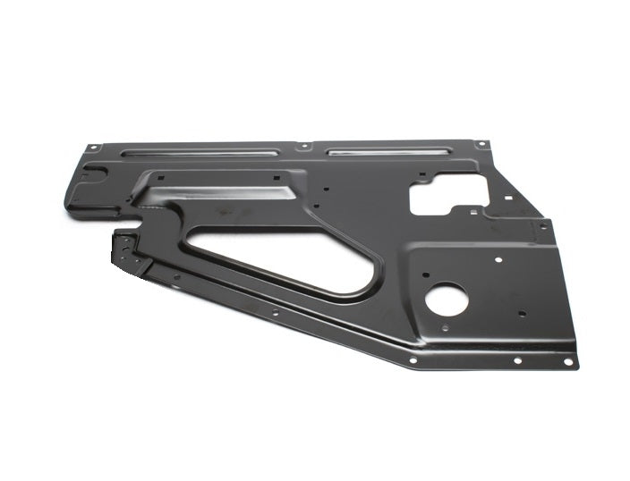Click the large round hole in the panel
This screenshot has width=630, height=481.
pyautogui.click(x=445, y=300)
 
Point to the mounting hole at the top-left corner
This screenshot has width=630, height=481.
pyautogui.click(x=92, y=149)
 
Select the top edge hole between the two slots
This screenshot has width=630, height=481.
pyautogui.click(x=304, y=147)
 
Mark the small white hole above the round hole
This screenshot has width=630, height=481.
pyautogui.click(x=491, y=259)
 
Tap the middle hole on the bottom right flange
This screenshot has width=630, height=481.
pyautogui.click(x=517, y=361)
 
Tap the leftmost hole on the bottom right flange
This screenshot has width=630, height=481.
pyautogui.click(x=413, y=360)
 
